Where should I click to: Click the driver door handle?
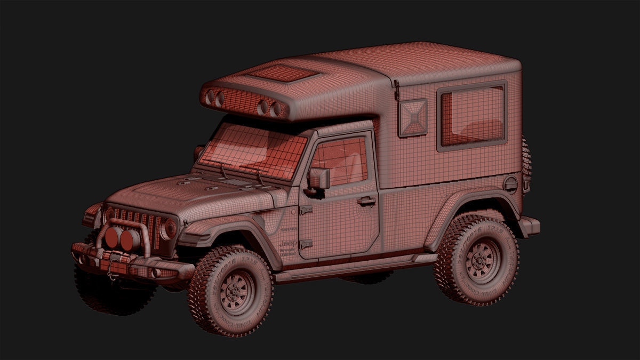click(x=366, y=201)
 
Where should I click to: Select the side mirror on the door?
click(x=318, y=178)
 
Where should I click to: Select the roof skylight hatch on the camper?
click(x=282, y=73)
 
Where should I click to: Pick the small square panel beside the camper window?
click(x=413, y=117)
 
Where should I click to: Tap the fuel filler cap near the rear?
click(x=510, y=184)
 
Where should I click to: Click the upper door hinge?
click(x=306, y=210)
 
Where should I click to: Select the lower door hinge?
click(x=306, y=244)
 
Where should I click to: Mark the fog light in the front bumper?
click(x=155, y=273)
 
